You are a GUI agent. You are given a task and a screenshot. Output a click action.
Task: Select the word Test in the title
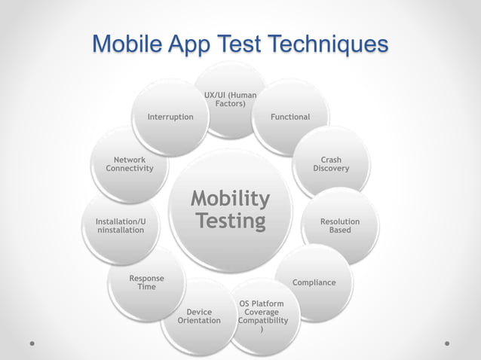pos(240,44)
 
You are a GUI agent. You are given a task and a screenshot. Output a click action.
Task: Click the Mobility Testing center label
pos(230,210)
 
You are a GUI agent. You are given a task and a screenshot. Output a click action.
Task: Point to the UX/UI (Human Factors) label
pos(230,99)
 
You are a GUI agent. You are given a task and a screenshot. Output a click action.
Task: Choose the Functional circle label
pos(290,117)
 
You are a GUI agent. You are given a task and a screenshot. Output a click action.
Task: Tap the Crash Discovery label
pos(331,164)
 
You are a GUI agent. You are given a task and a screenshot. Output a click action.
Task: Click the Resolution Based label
pos(339,225)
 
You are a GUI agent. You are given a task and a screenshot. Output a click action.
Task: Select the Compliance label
pos(314,282)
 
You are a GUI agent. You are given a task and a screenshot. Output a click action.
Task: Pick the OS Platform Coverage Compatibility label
pos(262,316)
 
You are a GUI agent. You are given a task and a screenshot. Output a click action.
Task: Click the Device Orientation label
pos(199,316)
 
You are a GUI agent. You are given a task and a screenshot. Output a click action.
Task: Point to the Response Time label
pos(146,282)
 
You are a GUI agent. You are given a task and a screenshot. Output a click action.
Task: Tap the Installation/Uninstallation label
pos(121,225)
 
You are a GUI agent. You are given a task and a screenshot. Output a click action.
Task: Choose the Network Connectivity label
pos(130,164)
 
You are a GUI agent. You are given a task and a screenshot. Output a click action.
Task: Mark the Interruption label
pos(170,117)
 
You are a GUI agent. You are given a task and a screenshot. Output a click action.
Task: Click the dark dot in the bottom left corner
pos(33,343)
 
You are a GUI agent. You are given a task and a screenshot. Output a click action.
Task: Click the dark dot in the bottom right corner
pos(447,343)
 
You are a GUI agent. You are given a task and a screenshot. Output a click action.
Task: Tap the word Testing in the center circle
pos(230,221)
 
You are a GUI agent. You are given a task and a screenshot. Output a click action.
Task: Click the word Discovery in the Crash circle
pos(331,169)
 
